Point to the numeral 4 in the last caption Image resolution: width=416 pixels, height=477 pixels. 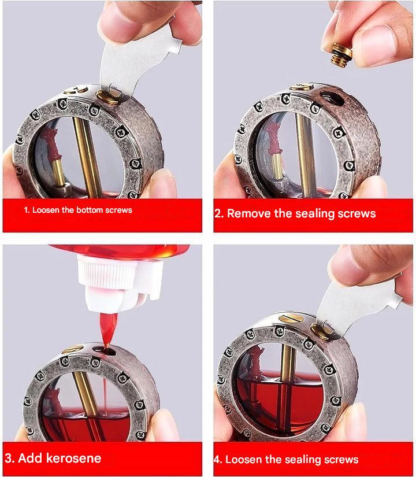click(217, 459)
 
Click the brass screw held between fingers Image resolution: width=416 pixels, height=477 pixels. click(341, 55)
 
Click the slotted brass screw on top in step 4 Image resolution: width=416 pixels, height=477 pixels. click(291, 318)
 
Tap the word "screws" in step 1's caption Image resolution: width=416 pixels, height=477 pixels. click(121, 210)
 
